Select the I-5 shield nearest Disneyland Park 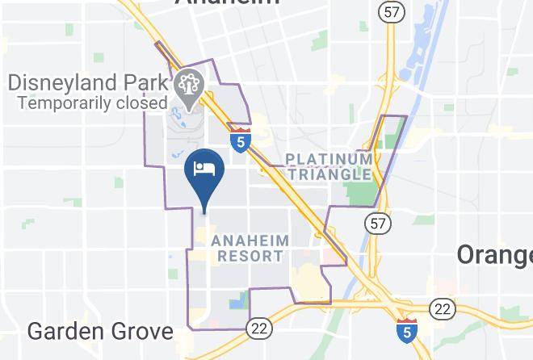[x=240, y=138]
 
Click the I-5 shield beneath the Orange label [x=407, y=330]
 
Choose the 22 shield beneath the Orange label [x=442, y=307]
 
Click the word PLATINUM [x=328, y=158]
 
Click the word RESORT [x=250, y=256]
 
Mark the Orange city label [x=494, y=254]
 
